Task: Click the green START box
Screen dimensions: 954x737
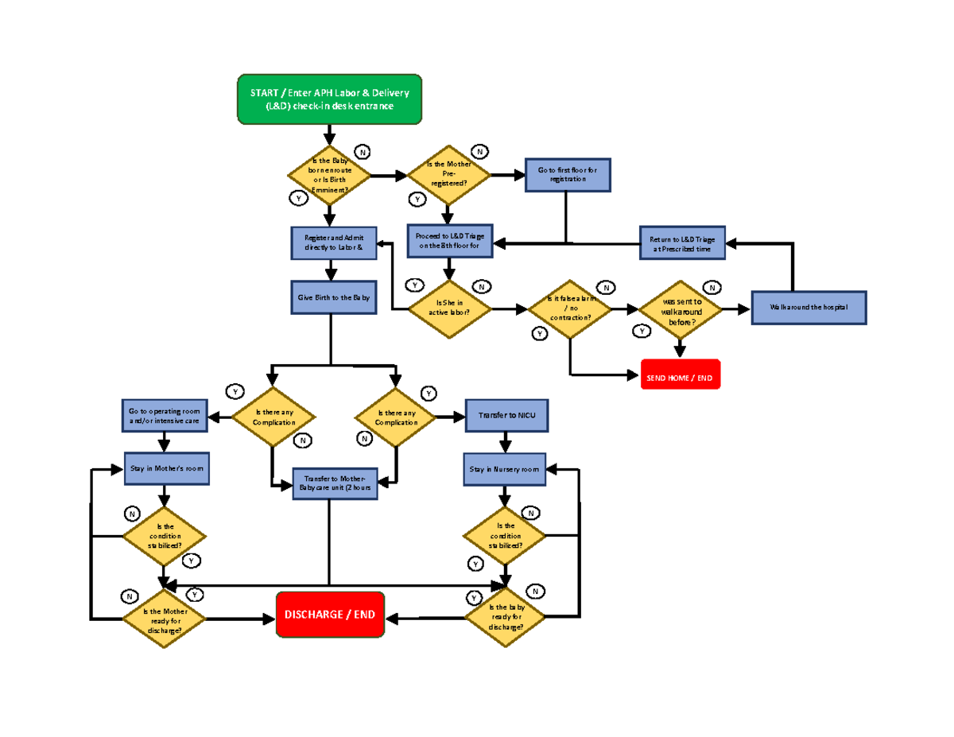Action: (x=329, y=99)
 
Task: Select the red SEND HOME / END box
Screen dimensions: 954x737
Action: (x=680, y=378)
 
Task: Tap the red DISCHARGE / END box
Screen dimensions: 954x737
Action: (x=330, y=615)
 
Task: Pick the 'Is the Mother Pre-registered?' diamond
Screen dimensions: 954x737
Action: (x=448, y=175)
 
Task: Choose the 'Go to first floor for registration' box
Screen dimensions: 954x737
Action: (x=568, y=175)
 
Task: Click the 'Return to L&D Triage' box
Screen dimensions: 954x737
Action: (x=682, y=242)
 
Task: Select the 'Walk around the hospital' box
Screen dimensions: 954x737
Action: (x=809, y=308)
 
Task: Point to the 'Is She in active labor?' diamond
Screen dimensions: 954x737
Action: (x=449, y=307)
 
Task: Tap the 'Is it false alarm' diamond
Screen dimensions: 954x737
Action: (x=570, y=308)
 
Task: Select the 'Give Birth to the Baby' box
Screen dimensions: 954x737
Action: (x=334, y=297)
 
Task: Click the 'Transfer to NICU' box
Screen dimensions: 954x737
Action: (x=506, y=416)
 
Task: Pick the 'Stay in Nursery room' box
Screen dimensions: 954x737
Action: (x=502, y=469)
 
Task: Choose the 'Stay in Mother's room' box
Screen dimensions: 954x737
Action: (x=168, y=469)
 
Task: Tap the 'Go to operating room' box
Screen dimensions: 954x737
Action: (x=164, y=416)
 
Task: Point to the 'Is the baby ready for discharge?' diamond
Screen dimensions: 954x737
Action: (x=506, y=617)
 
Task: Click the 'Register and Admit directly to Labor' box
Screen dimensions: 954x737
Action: (x=334, y=242)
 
